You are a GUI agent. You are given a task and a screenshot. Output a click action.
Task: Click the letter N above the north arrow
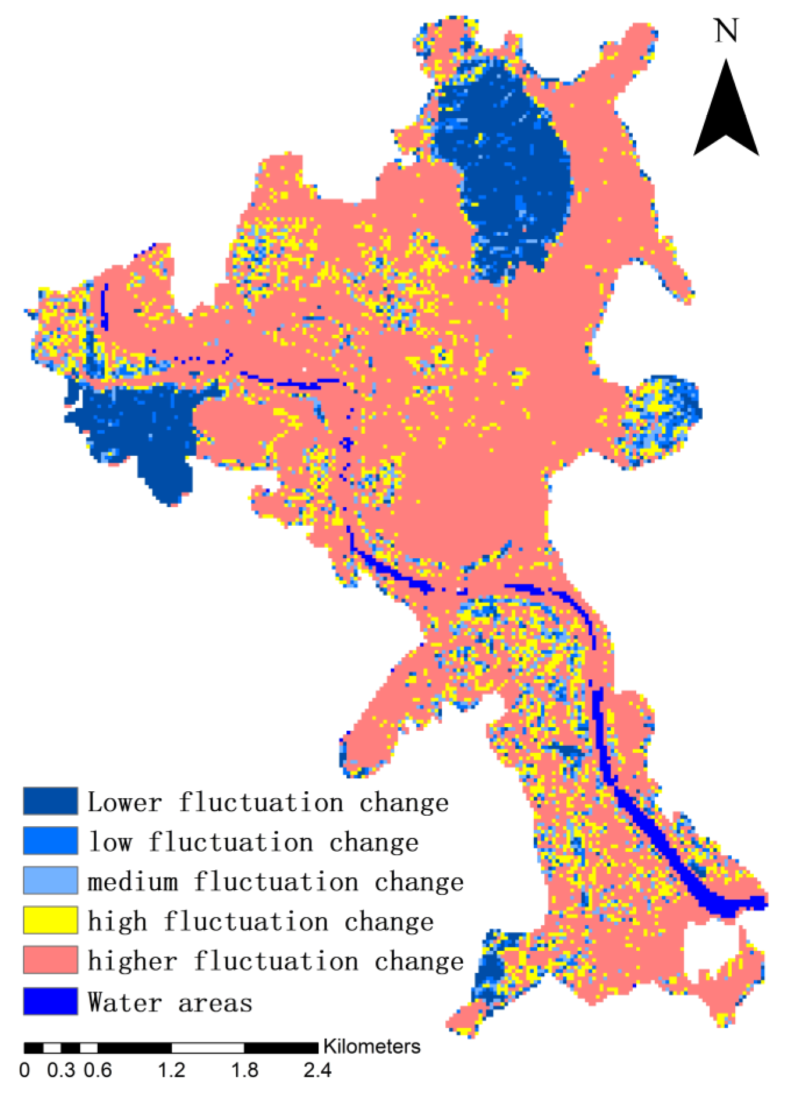coord(726,30)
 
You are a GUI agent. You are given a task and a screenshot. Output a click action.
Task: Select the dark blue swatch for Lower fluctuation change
coord(51,801)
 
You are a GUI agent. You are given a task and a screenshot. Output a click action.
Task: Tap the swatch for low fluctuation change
coord(51,841)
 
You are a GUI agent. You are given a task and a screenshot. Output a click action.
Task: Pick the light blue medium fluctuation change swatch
coord(51,880)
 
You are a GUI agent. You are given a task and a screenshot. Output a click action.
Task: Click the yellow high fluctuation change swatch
coord(51,920)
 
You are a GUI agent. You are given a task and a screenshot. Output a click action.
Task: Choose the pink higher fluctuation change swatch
coord(51,960)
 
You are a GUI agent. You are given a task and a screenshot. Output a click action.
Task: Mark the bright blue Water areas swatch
coord(51,1001)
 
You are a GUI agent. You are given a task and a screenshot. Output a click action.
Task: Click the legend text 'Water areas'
coord(170,1003)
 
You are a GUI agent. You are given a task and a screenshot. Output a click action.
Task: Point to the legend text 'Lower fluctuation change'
coord(268,802)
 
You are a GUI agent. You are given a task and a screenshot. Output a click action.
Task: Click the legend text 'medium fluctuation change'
coord(275,881)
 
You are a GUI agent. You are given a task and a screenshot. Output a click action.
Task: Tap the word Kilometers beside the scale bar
coord(371,1046)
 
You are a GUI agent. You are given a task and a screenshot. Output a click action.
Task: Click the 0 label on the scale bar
coord(24,1070)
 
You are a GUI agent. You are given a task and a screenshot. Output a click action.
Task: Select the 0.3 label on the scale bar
coord(61,1070)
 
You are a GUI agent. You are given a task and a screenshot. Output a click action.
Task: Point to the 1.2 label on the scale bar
coord(172,1070)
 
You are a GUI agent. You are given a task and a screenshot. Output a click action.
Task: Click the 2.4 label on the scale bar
coord(317,1070)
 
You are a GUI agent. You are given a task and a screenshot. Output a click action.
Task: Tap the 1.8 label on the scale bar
coord(244,1070)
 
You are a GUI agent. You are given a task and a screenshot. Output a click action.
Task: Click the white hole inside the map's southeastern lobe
coord(707,949)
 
